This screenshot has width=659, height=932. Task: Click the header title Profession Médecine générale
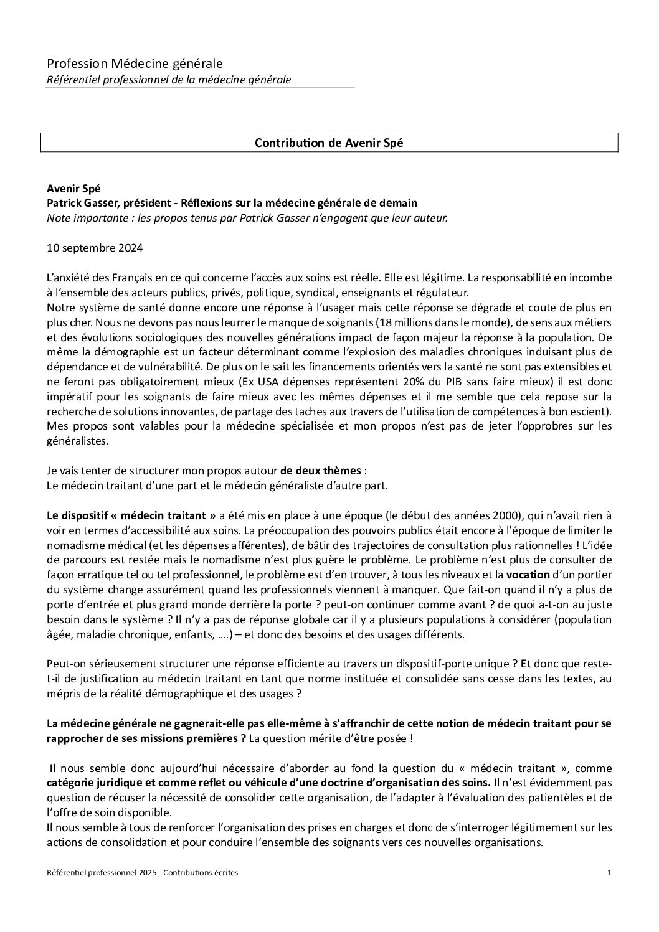click(135, 64)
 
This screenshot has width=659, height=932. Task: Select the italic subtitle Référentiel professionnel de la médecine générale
click(169, 80)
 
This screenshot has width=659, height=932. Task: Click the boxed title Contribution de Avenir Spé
click(329, 143)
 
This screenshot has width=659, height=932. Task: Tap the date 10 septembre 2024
click(95, 248)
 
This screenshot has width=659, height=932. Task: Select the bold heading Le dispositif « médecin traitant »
click(131, 515)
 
